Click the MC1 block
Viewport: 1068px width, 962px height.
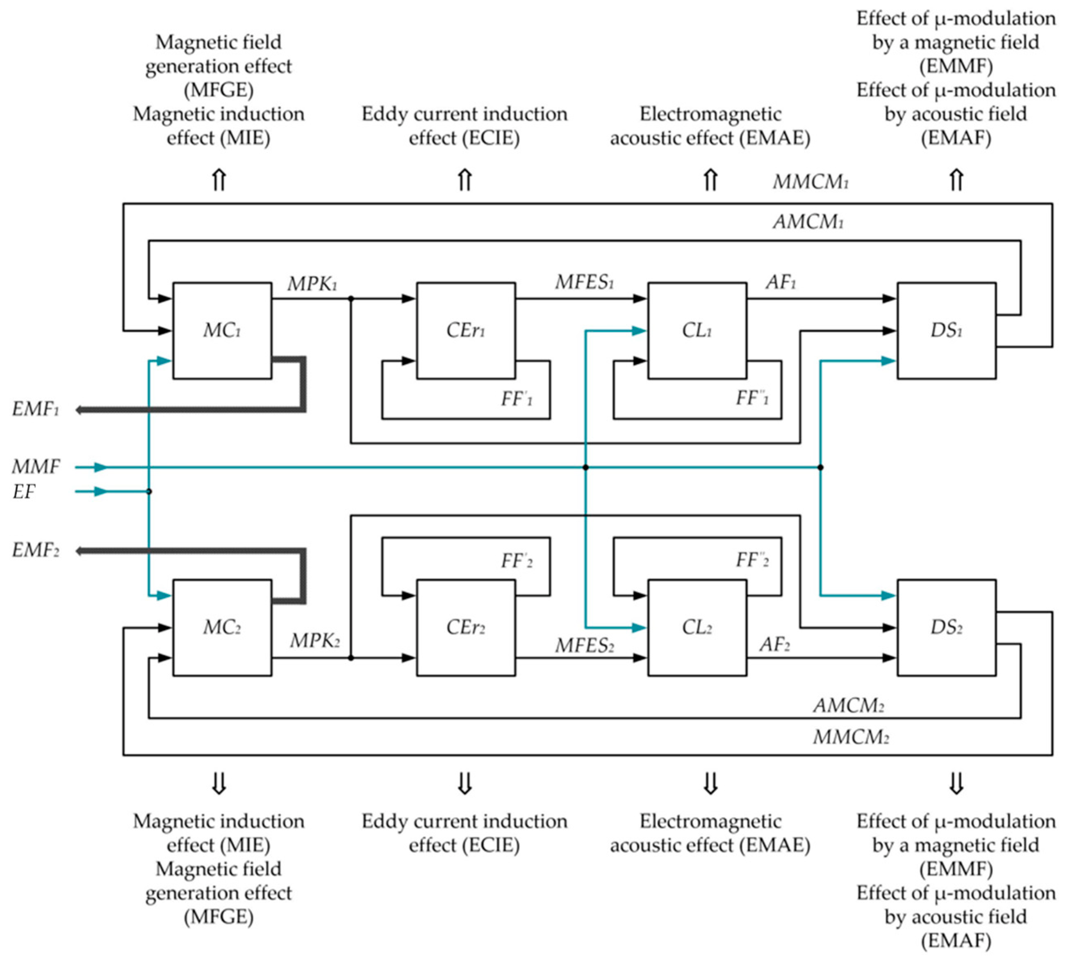click(222, 330)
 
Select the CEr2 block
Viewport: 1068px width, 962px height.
click(465, 627)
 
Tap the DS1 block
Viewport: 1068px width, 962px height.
click(946, 330)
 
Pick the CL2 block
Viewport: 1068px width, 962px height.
click(697, 627)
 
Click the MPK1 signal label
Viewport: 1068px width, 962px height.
click(312, 284)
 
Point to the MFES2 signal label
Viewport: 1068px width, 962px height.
click(584, 645)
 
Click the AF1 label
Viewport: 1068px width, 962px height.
click(781, 283)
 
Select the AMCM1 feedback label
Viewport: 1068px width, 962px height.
click(808, 222)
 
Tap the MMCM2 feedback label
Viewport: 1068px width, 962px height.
click(850, 737)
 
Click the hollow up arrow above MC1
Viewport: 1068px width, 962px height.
click(219, 180)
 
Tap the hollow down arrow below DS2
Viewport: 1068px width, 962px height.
click(956, 784)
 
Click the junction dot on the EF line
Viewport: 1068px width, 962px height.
click(149, 491)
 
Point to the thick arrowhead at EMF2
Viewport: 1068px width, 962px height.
click(79, 551)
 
